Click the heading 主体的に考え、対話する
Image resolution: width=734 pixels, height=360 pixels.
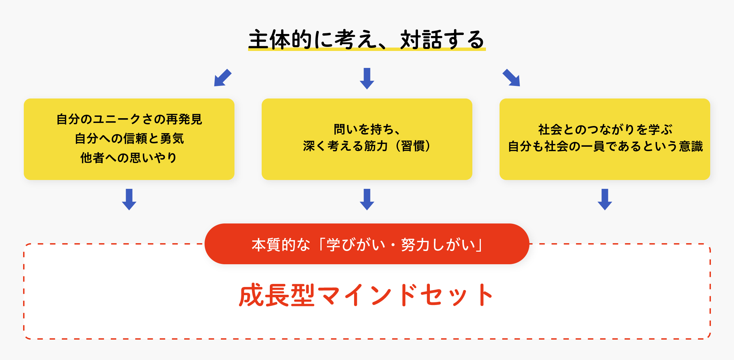pos(367,39)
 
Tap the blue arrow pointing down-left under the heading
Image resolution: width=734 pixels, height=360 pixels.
pos(223,78)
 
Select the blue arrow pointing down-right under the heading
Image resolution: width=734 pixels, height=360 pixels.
pos(511,78)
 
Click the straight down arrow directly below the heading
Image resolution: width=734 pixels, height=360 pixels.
pos(367,78)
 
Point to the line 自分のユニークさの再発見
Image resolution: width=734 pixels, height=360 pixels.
pos(129,119)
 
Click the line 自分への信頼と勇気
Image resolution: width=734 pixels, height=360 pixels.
pos(129,139)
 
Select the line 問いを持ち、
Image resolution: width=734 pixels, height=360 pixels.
pos(367,129)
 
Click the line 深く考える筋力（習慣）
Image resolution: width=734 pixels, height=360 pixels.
pos(367,146)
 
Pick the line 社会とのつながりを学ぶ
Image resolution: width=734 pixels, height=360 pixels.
pos(605,129)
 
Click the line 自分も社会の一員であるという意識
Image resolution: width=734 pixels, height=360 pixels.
pos(605,146)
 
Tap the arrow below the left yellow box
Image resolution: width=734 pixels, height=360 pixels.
pos(129,199)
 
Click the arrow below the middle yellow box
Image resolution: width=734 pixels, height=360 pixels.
pos(367,199)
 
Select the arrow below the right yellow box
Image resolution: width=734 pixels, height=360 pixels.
pos(605,199)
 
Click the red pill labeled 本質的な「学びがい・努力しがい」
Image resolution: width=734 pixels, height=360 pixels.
pos(367,244)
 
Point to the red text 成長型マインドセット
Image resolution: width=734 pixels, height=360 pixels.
pos(366,295)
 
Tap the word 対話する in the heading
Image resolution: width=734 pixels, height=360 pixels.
pos(442,39)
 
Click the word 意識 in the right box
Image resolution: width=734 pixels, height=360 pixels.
pos(691,146)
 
